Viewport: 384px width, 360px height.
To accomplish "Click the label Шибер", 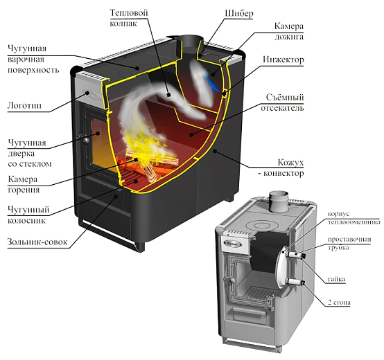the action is click(x=238, y=13).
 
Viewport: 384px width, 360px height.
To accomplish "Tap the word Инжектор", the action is click(x=283, y=60).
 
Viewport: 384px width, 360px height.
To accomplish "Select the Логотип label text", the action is click(x=24, y=105).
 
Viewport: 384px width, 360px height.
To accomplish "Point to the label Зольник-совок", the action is click(x=37, y=242).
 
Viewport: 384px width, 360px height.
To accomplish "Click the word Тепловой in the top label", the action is click(x=129, y=12).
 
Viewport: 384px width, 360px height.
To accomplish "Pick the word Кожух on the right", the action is click(x=290, y=163).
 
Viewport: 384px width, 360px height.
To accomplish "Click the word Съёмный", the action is click(x=285, y=98).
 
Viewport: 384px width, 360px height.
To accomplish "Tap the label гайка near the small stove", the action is click(x=336, y=279).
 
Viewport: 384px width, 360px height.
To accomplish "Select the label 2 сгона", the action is click(x=339, y=303).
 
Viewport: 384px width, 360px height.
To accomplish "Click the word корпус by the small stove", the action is click(x=339, y=214).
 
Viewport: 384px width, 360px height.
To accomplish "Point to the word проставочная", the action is click(x=349, y=239).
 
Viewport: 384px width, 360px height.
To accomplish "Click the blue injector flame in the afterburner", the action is click(x=212, y=82).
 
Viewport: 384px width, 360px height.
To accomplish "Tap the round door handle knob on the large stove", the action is click(x=85, y=140).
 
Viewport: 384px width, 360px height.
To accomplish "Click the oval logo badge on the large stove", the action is click(x=93, y=95).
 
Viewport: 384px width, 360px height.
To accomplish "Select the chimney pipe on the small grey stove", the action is click(x=279, y=201).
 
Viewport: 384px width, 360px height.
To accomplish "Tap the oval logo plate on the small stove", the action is click(x=233, y=243).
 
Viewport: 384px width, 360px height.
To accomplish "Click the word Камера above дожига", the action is click(x=289, y=26).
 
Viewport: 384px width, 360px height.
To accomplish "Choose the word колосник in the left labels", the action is click(x=26, y=220).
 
